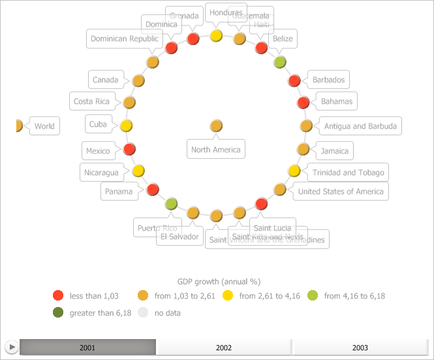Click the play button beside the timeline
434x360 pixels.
point(11,347)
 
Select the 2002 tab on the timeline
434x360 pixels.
point(224,348)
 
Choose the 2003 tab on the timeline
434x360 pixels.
point(360,348)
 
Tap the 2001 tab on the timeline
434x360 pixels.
point(87,348)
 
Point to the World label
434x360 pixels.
point(44,126)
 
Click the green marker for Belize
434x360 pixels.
point(280,62)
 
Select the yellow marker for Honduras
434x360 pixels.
point(217,35)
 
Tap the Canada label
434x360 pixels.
point(105,80)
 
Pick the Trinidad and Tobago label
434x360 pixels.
point(348,172)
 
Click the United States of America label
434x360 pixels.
point(341,191)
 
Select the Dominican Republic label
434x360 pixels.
point(124,39)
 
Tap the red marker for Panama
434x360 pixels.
point(153,189)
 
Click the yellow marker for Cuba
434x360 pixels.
point(127,125)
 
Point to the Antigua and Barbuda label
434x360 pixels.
point(360,126)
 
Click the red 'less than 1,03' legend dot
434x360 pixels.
point(58,296)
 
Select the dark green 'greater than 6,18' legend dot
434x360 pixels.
point(58,312)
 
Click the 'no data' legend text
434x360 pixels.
point(167,313)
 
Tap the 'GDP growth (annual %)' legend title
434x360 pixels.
point(219,282)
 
